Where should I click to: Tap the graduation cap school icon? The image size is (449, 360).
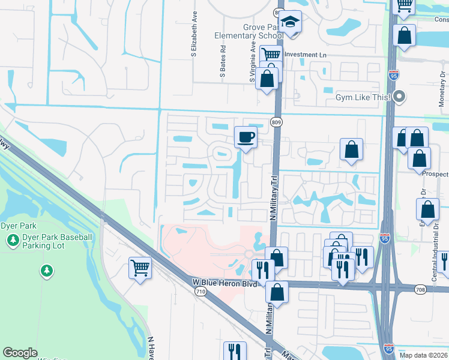290,22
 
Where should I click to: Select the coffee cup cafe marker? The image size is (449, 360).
246,137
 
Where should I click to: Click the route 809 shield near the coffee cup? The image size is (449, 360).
276,122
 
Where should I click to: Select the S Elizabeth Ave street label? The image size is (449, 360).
194,34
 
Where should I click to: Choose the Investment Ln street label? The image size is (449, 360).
309,55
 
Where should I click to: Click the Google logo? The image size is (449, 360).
20,353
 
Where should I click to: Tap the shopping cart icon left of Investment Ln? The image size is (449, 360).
271,55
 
